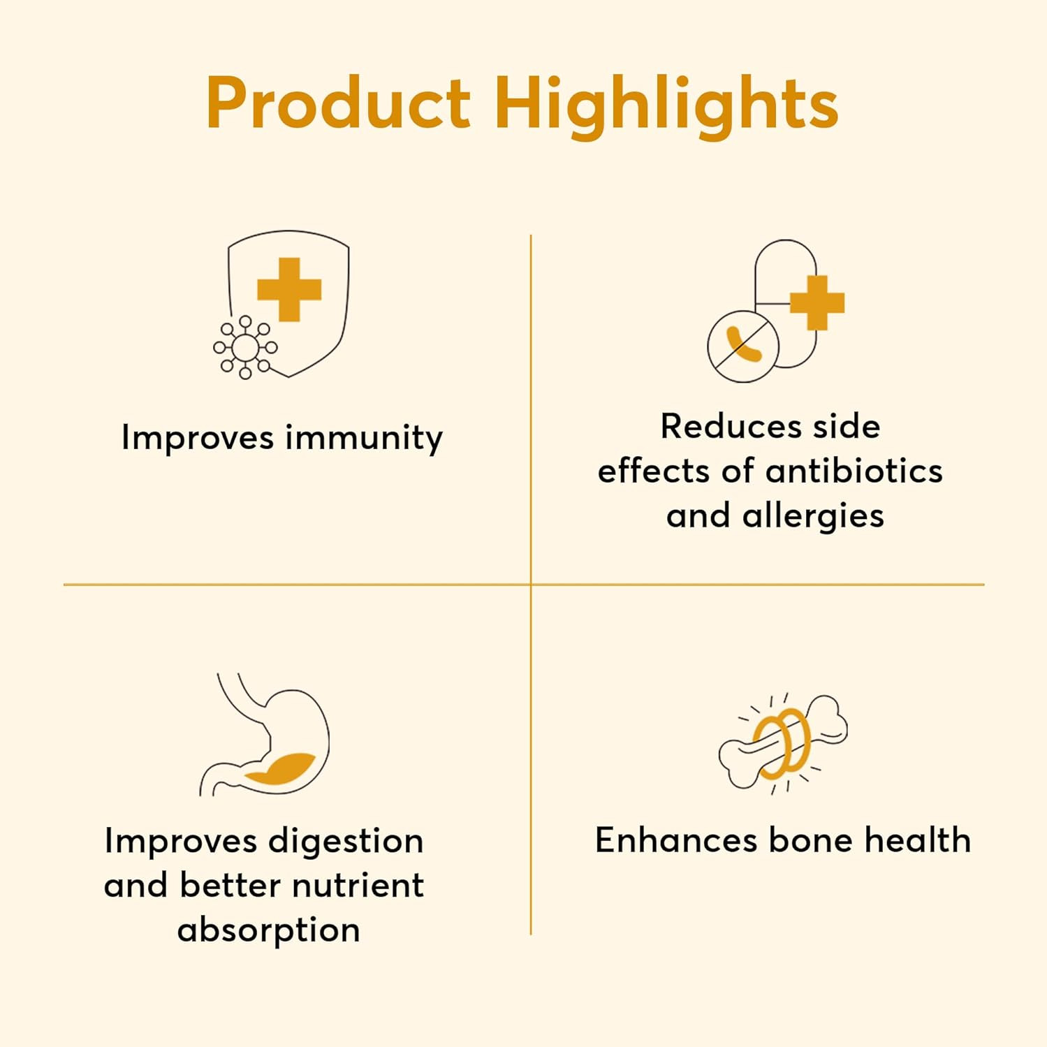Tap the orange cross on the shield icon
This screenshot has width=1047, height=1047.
click(x=289, y=289)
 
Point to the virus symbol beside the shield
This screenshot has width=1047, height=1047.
click(x=245, y=347)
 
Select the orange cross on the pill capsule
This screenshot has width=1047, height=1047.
click(x=817, y=303)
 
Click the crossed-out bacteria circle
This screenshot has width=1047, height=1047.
click(x=743, y=346)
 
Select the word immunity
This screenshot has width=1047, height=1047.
click(x=364, y=439)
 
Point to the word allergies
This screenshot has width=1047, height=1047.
click(x=813, y=517)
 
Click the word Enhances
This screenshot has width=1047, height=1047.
click(x=676, y=840)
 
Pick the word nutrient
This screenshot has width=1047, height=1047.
click(x=358, y=886)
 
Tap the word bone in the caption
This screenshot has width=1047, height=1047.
click(x=810, y=840)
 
